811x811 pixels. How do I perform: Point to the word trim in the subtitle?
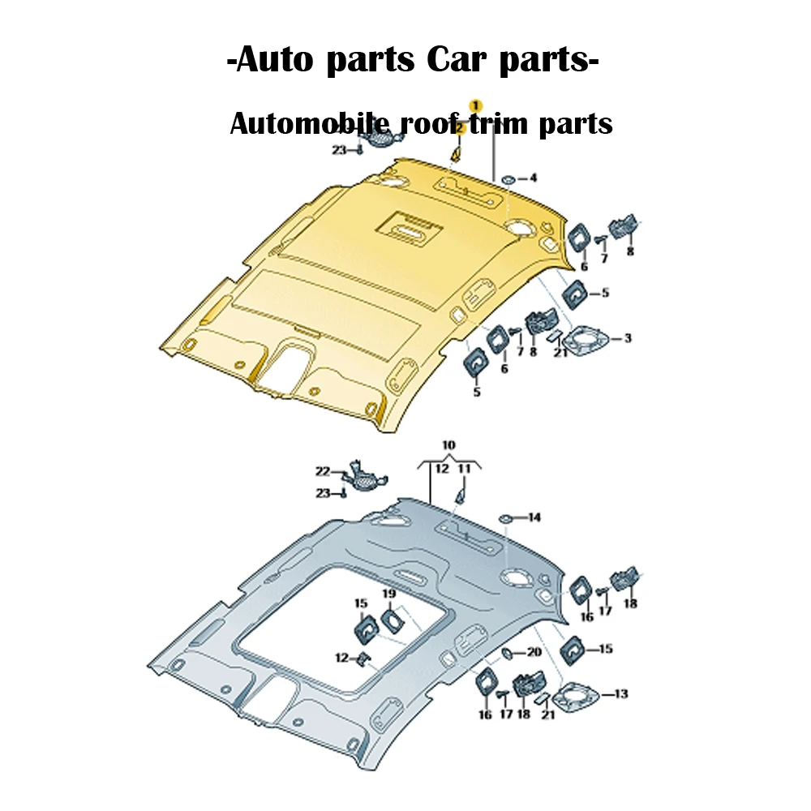[x=508, y=124]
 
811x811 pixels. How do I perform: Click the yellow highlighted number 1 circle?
[x=476, y=105]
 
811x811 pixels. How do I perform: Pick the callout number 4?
[x=533, y=178]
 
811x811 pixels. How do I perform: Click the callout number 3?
[x=627, y=337]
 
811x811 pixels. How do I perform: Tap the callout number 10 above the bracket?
[x=448, y=445]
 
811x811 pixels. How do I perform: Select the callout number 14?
[x=534, y=517]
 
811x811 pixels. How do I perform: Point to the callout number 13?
[x=621, y=694]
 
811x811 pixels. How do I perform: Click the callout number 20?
[x=534, y=652]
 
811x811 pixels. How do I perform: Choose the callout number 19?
[x=389, y=594]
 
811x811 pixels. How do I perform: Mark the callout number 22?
[x=323, y=470]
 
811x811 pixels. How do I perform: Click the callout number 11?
[x=464, y=469]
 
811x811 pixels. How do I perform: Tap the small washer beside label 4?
[x=508, y=178]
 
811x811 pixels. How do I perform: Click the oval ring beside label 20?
[x=508, y=652]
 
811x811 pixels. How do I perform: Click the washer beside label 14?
[x=505, y=517]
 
